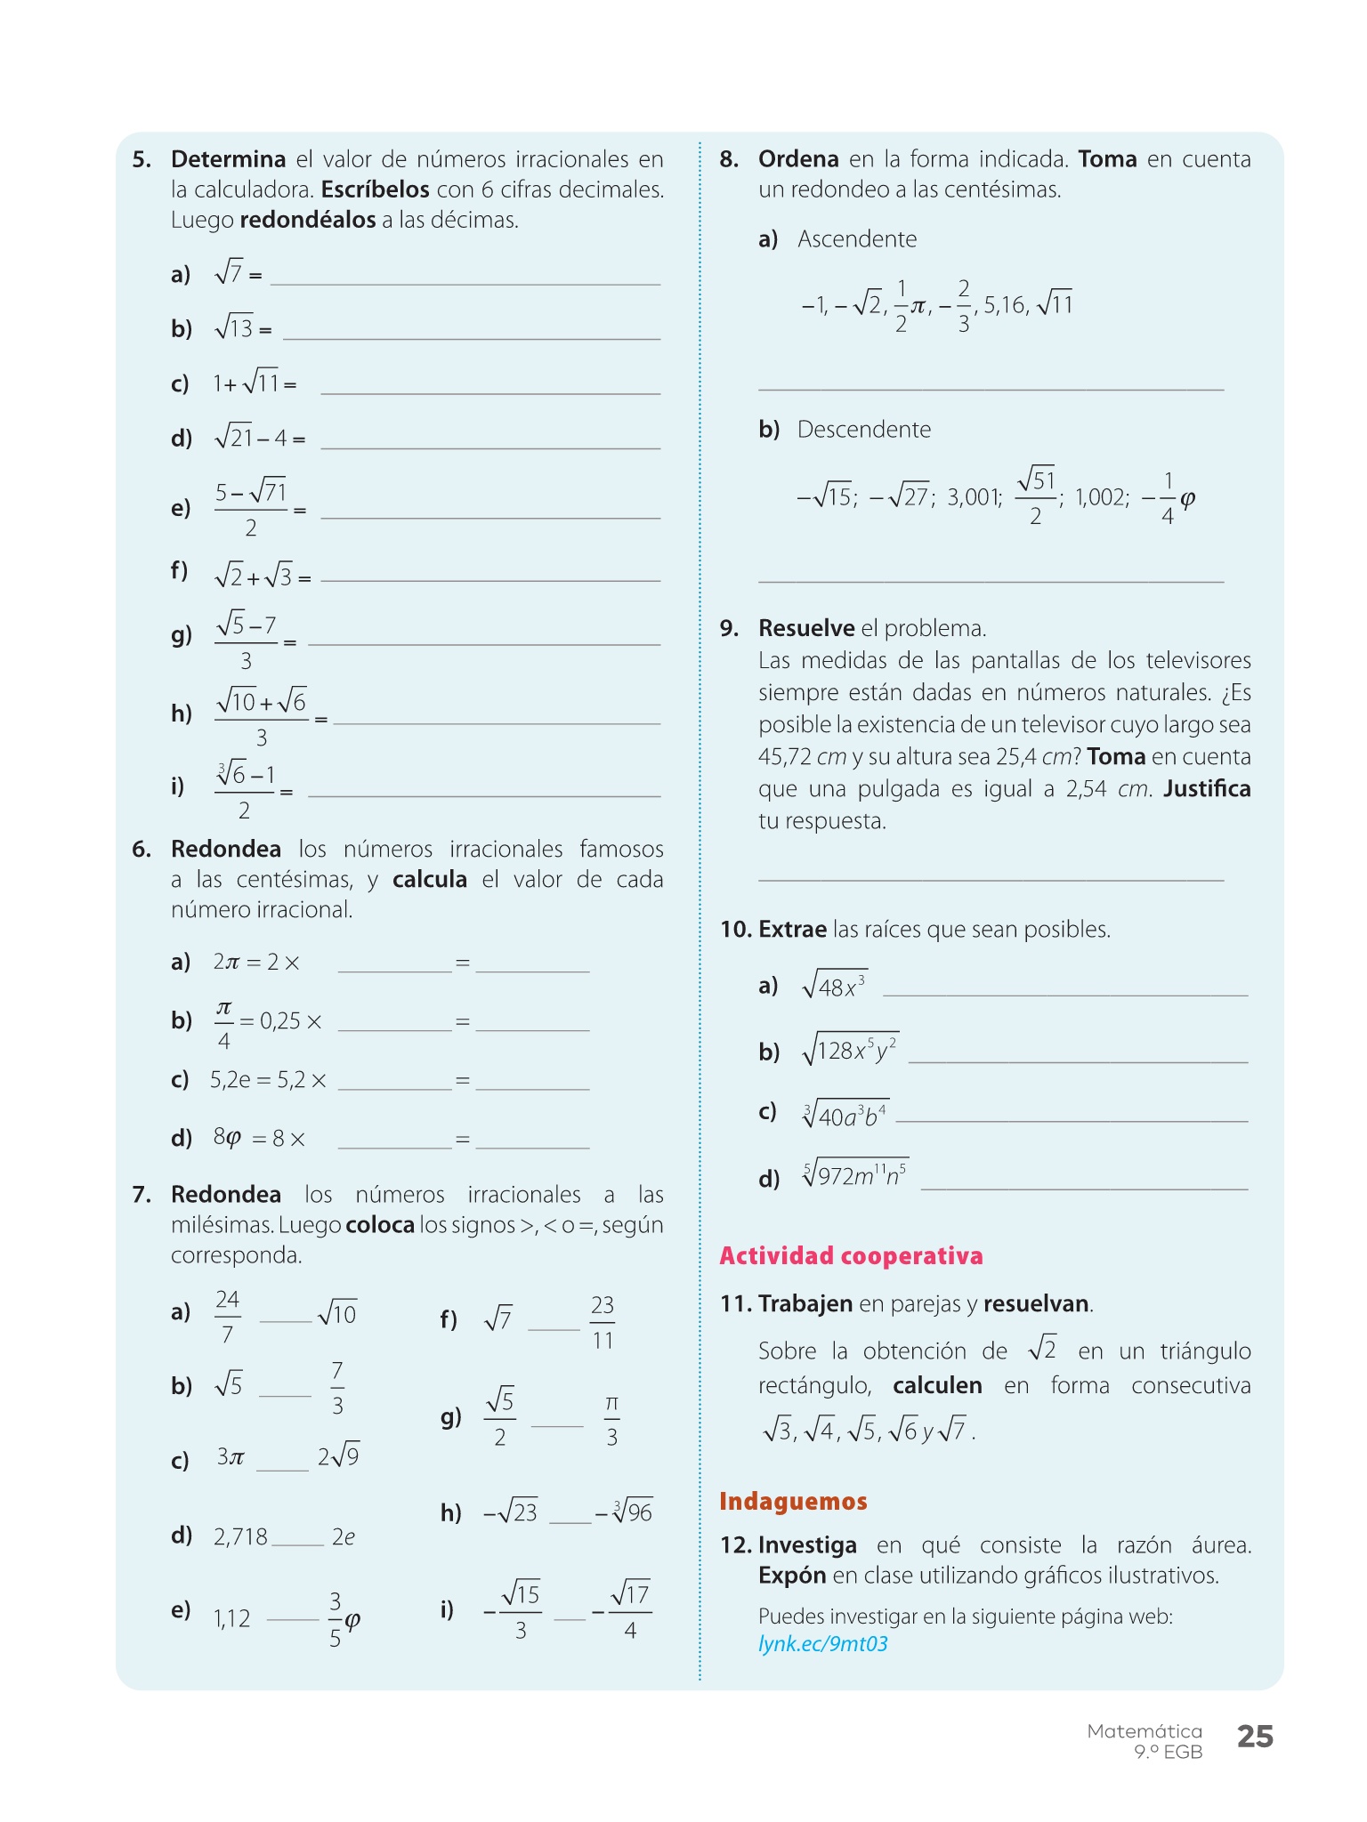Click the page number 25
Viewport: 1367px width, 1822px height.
click(x=1255, y=1737)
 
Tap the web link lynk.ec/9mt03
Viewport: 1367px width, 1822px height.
click(x=822, y=1643)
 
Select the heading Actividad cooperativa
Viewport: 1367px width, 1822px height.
click(x=851, y=1255)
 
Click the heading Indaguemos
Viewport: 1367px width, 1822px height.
click(x=793, y=1501)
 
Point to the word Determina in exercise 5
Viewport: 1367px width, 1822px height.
click(x=228, y=159)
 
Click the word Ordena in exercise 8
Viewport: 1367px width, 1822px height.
click(x=798, y=159)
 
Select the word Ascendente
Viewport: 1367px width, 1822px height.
click(x=856, y=239)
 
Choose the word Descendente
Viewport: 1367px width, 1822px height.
click(x=863, y=430)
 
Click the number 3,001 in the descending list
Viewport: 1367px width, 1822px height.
click(x=974, y=497)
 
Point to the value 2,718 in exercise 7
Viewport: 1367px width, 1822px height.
click(x=240, y=1536)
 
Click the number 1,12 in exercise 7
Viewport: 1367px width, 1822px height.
click(x=231, y=1618)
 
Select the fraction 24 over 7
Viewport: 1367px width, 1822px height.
click(x=228, y=1317)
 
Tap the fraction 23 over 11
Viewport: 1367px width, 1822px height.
click(x=603, y=1322)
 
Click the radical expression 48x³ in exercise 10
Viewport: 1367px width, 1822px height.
click(x=834, y=985)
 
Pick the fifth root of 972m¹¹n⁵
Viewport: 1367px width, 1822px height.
click(x=854, y=1174)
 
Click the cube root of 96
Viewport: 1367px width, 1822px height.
click(x=633, y=1512)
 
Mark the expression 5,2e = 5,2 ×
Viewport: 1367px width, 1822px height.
click(x=268, y=1080)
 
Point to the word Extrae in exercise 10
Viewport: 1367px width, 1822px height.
click(x=792, y=930)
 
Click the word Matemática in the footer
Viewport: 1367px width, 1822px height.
click(x=1144, y=1731)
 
